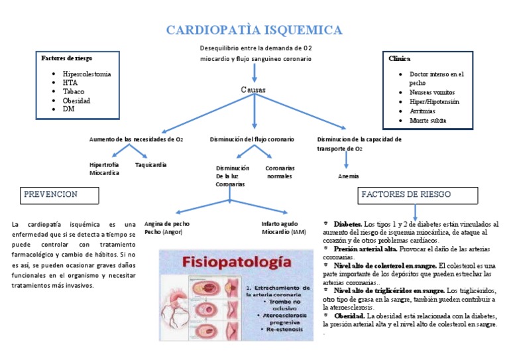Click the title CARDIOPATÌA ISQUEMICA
254,30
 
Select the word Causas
253,90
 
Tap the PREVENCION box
60,195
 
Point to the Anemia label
348,176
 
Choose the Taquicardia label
150,164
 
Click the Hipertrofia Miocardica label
105,168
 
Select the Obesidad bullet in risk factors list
77,101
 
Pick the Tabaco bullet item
74,92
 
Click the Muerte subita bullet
427,121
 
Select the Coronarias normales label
280,172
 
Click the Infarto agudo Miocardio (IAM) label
284,228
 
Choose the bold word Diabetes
347,224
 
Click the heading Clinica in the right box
399,58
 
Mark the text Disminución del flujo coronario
252,139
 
